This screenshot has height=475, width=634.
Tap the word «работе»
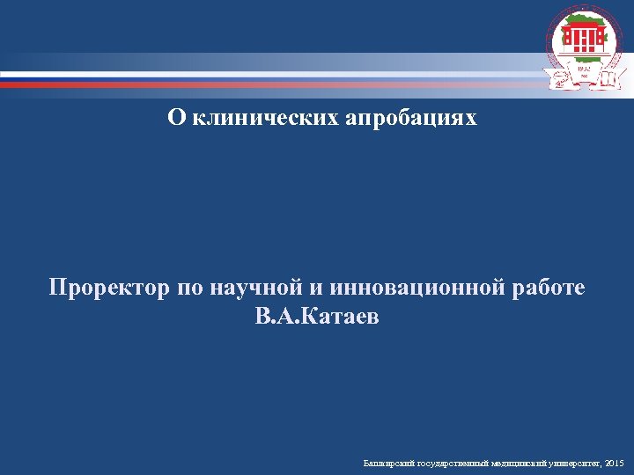(549, 289)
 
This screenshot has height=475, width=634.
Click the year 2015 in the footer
(615, 462)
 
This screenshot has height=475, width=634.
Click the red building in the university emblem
(583, 38)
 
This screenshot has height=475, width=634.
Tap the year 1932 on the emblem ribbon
(583, 69)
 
